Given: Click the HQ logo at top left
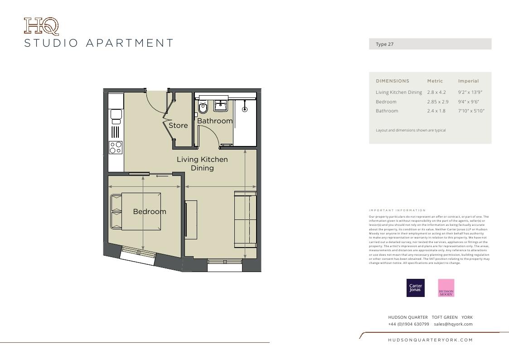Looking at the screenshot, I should click(x=41, y=26).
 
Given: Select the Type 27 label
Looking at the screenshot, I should click(x=384, y=44).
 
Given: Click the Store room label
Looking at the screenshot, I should click(x=178, y=126).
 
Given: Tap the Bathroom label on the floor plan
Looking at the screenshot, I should click(x=215, y=121).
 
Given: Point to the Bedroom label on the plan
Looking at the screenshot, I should click(x=150, y=212).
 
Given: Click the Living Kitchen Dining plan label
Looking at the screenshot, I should click(x=202, y=164).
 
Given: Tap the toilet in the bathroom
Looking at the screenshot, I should click(x=203, y=108).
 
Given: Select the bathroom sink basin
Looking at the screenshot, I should click(x=221, y=106).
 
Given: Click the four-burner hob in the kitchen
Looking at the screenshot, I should click(x=116, y=148).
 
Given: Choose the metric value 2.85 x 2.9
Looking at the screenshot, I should click(x=437, y=102).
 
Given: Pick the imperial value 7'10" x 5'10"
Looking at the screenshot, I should click(x=471, y=111).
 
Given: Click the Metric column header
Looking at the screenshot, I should click(x=435, y=81).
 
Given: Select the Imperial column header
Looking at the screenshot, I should click(x=468, y=81).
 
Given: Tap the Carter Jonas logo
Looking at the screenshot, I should click(x=416, y=288).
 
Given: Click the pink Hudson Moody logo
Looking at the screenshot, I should click(x=446, y=288).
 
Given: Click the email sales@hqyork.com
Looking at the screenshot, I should click(x=453, y=324).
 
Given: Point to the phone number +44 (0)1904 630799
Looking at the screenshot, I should click(x=408, y=324).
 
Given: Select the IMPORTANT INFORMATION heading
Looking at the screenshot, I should click(x=397, y=210).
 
